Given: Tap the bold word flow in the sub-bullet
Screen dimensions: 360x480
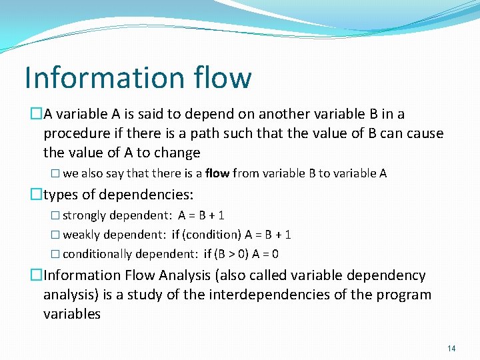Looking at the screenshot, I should (x=217, y=173).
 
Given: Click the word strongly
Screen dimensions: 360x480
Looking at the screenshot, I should (x=85, y=215).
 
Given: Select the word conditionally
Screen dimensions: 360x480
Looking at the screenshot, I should (x=97, y=254).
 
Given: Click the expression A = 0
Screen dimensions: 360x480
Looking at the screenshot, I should (x=266, y=254).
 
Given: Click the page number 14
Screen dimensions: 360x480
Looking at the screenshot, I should (x=451, y=348).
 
